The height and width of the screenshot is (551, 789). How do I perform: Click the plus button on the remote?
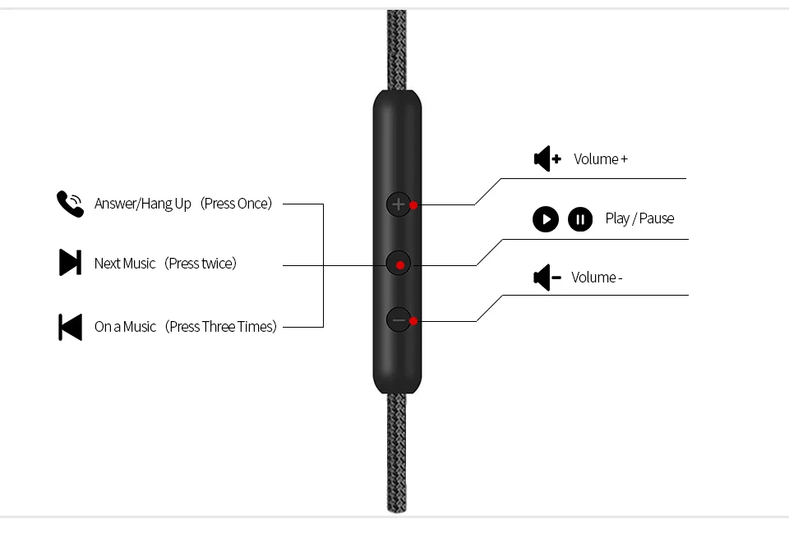point(399,204)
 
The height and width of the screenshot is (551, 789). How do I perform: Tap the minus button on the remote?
point(399,320)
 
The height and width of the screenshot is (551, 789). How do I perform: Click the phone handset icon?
point(70,204)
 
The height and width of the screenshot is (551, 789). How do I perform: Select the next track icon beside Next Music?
point(71,263)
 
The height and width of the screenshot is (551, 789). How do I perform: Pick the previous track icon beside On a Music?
point(71,327)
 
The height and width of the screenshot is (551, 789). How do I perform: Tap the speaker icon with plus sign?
point(547,158)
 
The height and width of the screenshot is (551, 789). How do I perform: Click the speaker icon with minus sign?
point(547,278)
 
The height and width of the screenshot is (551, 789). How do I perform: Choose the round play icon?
point(546,219)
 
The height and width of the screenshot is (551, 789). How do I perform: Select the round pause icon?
point(580,219)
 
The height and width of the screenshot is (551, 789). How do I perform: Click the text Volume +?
point(601,159)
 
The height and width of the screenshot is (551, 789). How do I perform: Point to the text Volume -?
point(597,278)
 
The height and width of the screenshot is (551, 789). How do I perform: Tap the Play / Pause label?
point(639,218)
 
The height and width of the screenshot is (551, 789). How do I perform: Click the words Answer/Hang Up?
point(143,204)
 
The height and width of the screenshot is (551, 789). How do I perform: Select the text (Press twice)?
point(201,264)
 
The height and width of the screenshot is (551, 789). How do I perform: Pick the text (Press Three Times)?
point(221,327)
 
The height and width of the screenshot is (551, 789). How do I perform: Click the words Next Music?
point(125,264)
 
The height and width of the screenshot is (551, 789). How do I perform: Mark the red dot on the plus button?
point(413,204)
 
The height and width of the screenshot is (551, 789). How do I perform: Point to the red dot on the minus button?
point(413,320)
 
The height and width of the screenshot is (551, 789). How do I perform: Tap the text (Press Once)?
point(237,204)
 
